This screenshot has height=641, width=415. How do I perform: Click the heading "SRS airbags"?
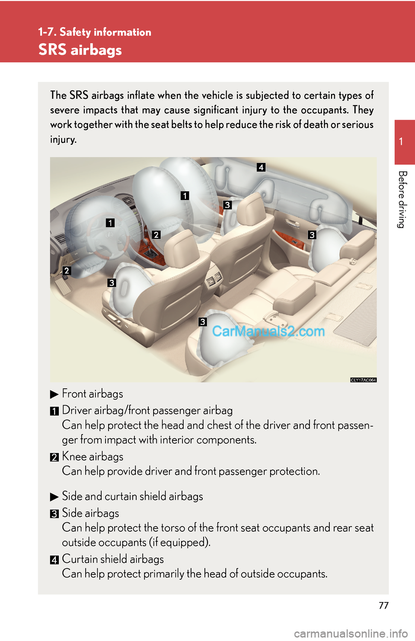click(x=80, y=50)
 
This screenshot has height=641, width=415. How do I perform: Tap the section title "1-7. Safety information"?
click(x=95, y=32)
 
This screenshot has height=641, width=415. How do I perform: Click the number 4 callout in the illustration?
click(x=261, y=167)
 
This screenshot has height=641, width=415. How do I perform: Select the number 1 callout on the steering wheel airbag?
click(x=110, y=222)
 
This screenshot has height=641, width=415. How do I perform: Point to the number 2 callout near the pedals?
click(x=67, y=270)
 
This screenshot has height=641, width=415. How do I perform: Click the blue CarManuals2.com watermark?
click(x=268, y=331)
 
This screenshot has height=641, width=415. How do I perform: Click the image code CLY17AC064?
click(x=363, y=380)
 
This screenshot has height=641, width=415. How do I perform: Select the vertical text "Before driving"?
click(x=402, y=200)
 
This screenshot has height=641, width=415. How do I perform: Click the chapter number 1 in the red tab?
click(x=401, y=141)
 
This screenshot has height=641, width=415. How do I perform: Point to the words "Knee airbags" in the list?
click(x=93, y=457)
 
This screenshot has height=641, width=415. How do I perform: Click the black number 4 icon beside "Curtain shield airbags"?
click(x=54, y=560)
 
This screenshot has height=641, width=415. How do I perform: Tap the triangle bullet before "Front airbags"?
click(x=54, y=395)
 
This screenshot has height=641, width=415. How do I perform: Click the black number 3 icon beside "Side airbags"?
click(x=54, y=514)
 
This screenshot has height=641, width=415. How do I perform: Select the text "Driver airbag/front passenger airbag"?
click(x=147, y=411)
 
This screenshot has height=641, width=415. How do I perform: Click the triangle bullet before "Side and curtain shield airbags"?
click(x=54, y=497)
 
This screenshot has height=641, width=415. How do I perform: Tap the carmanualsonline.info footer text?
click(x=351, y=634)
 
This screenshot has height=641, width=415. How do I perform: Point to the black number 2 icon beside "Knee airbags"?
click(x=54, y=457)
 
